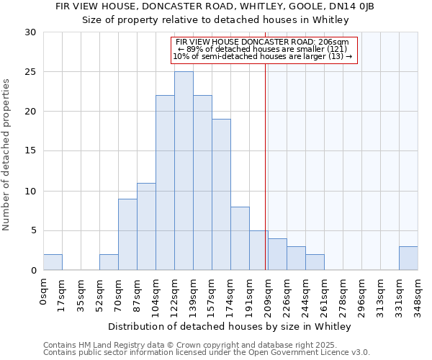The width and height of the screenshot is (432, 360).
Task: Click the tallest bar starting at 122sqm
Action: pyautogui.click(x=184, y=171)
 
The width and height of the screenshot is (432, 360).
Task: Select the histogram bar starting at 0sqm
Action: pyautogui.click(x=53, y=262)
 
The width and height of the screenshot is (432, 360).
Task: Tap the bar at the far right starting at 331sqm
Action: pyautogui.click(x=408, y=258)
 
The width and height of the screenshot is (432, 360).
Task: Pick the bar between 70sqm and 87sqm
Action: pyautogui.click(x=127, y=234)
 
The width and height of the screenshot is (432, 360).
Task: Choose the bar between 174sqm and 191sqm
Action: pyautogui.click(x=240, y=238)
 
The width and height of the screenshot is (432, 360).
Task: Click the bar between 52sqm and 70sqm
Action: pyautogui.click(x=109, y=262)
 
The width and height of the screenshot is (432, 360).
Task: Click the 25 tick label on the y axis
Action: pyautogui.click(x=30, y=72)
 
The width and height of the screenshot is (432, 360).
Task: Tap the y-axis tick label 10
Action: pyautogui.click(x=30, y=192)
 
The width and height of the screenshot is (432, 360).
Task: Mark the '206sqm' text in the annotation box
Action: pyautogui.click(x=334, y=42)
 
